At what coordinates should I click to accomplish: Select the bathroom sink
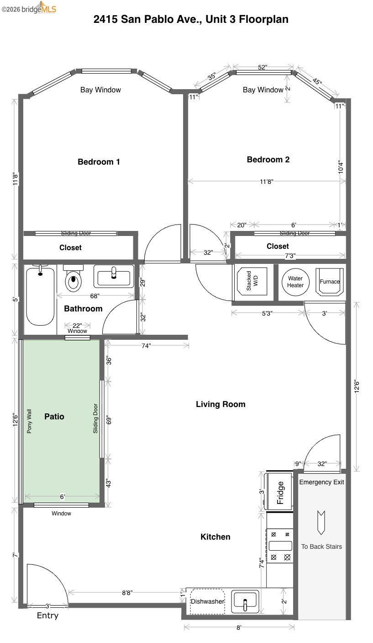[114, 276]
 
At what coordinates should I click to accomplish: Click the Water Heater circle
[295, 282]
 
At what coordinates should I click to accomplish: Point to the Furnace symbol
[330, 282]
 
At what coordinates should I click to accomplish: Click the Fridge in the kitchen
[279, 492]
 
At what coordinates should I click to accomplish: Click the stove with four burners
[280, 545]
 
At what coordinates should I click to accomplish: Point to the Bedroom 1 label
[99, 162]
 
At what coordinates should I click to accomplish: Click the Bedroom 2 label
[268, 160]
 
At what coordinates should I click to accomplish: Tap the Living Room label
[221, 404]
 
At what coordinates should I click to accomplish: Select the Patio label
[54, 417]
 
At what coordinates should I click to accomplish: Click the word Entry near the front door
[47, 616]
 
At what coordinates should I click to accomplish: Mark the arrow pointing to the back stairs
[321, 522]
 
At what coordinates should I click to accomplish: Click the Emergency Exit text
[321, 482]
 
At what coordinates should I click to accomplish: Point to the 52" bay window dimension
[263, 67]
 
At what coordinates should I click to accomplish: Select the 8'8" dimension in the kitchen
[127, 593]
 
